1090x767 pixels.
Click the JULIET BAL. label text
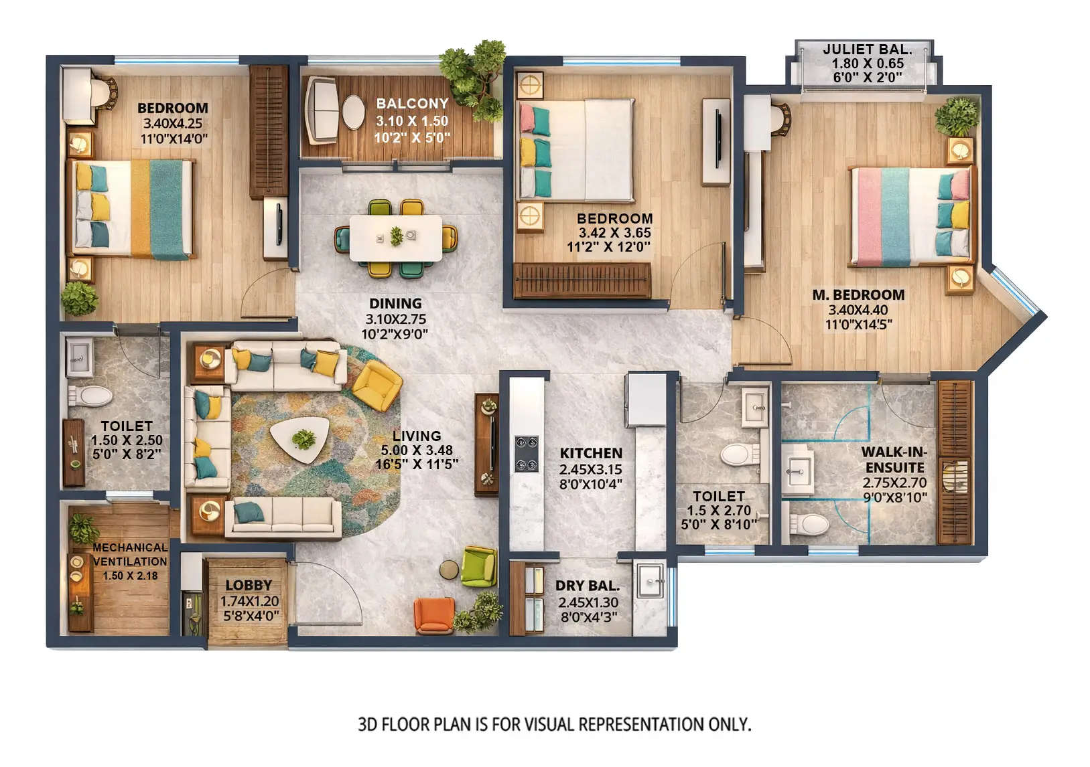[867, 49]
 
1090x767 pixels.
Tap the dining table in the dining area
[395, 237]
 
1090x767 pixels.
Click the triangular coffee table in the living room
[299, 439]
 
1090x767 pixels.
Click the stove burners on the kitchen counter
[526, 454]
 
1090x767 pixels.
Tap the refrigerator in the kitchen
[646, 400]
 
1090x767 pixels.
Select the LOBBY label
[249, 586]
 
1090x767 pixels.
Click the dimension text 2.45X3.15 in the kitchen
[591, 468]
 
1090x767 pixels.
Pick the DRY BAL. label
[588, 586]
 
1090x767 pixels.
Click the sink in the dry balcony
[650, 580]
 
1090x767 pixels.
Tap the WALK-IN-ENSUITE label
[894, 460]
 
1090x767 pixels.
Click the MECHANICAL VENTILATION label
[130, 554]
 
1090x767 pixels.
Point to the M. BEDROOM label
[858, 294]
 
